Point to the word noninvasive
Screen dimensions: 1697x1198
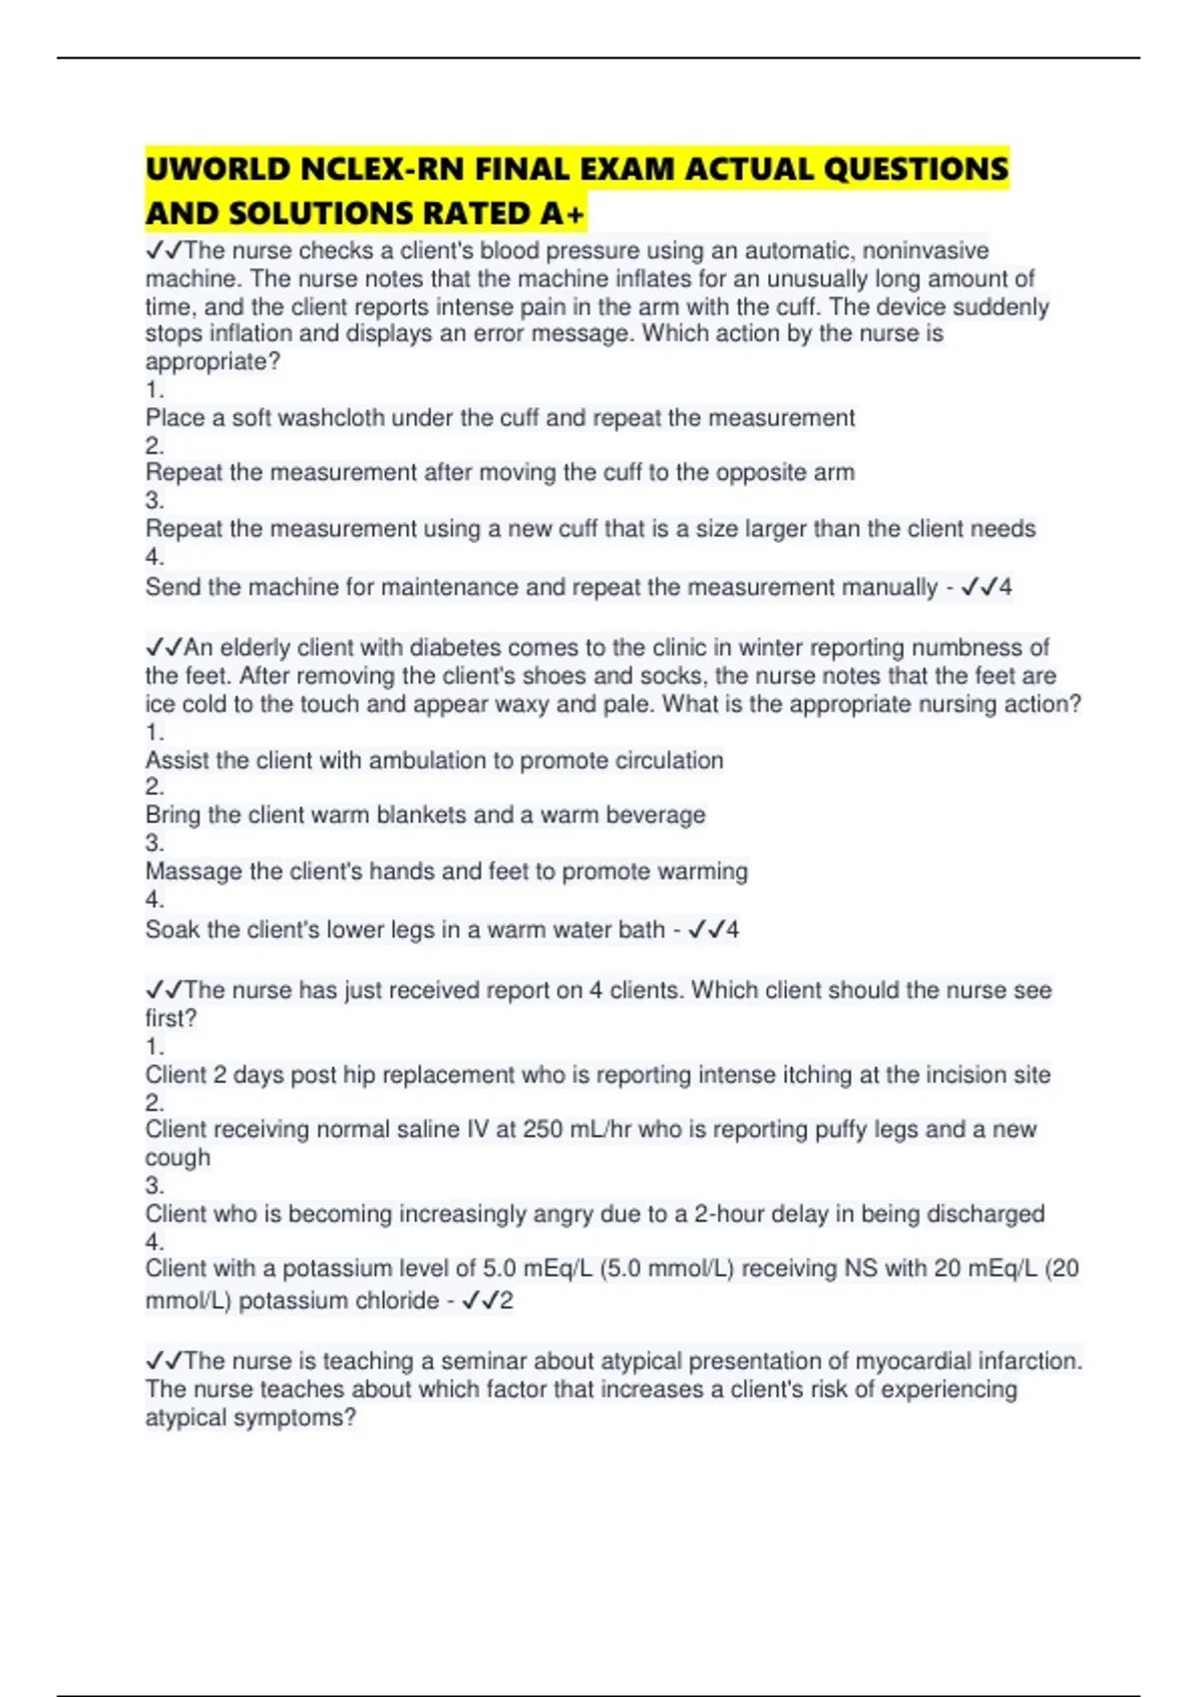pyautogui.click(x=925, y=251)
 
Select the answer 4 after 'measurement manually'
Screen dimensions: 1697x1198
pyautogui.click(x=1005, y=587)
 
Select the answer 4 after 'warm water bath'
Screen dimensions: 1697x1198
pyautogui.click(x=733, y=929)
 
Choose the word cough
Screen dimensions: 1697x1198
pyautogui.click(x=178, y=1158)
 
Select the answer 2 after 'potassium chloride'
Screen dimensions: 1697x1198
pyautogui.click(x=506, y=1301)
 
